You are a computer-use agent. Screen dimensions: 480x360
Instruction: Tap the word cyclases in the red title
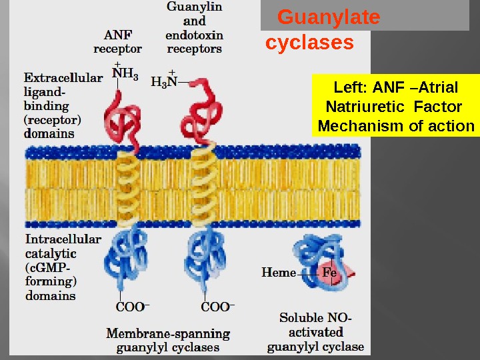pos(309,43)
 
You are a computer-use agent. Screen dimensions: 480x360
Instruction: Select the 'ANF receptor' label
pos(118,42)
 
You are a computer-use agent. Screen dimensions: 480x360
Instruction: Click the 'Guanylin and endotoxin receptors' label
pos(195,27)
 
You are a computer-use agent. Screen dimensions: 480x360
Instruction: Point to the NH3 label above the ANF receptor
pos(125,75)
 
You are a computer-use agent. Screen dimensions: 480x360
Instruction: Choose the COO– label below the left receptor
pos(133,307)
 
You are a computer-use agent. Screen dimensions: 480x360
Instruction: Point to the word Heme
pos(279,272)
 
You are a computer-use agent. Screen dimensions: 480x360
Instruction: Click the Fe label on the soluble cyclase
pos(329,272)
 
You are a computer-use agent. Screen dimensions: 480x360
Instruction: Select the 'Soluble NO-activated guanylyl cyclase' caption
pos(316,332)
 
